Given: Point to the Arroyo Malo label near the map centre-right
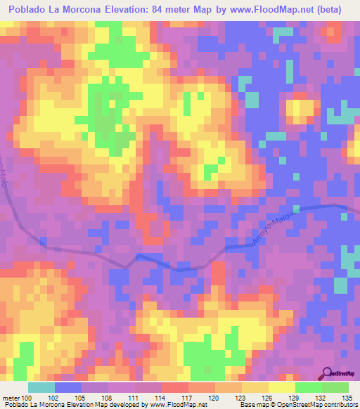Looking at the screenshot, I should coord(271,231).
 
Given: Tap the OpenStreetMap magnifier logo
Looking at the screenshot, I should coord(329,374).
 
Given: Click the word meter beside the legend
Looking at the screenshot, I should coord(10,397).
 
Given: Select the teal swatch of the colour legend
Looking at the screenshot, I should coord(41,387).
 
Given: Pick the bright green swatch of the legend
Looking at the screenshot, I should coord(309,387).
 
